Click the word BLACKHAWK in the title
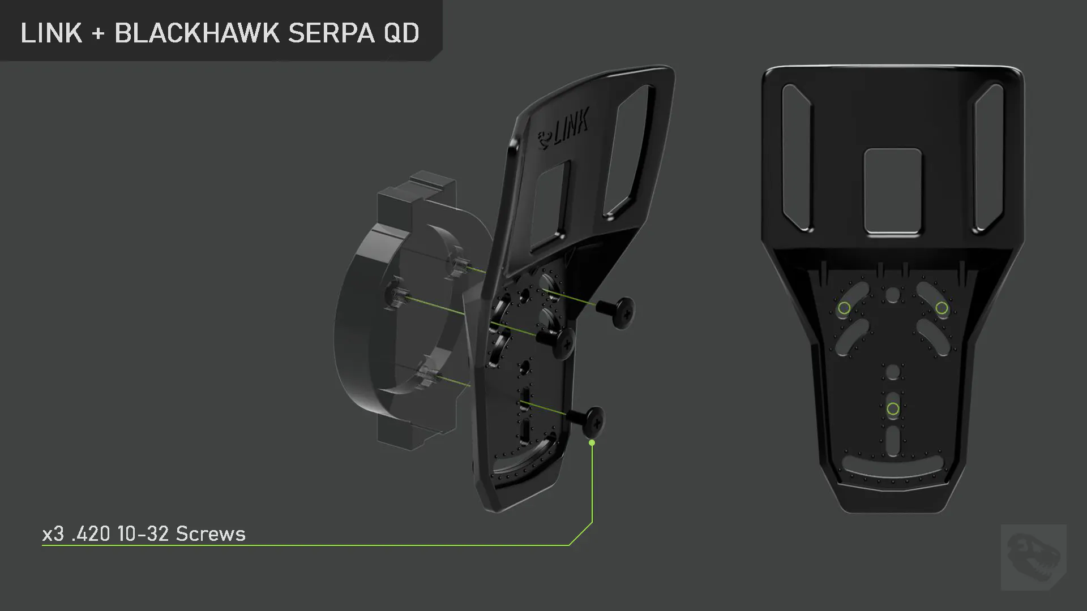point(197,33)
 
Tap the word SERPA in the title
point(331,33)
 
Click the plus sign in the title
point(98,34)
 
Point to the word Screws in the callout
point(211,533)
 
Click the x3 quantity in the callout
point(53,534)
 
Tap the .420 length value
point(91,533)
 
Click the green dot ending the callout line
point(592,442)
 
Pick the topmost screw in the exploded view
point(618,312)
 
